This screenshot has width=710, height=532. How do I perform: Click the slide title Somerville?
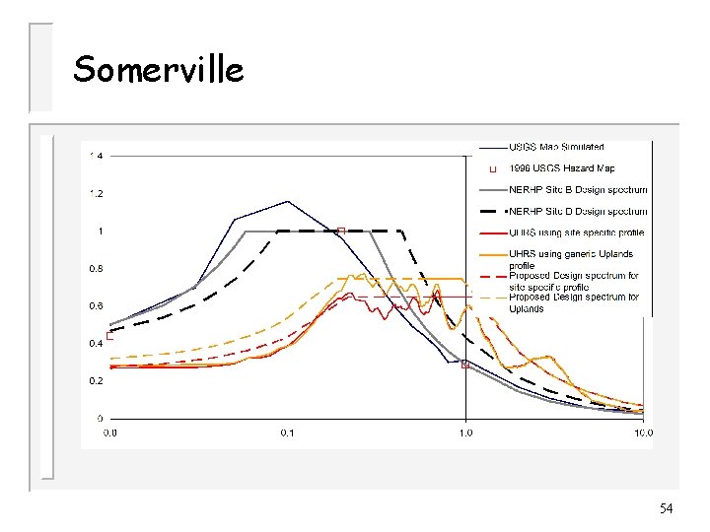click(158, 69)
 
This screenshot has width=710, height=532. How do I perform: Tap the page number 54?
click(666, 508)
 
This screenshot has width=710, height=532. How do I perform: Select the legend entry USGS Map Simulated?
click(557, 148)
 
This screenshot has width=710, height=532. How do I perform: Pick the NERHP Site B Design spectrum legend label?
click(578, 189)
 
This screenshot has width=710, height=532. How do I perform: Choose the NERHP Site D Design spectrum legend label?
click(578, 211)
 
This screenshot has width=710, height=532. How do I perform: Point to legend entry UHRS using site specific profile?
click(576, 233)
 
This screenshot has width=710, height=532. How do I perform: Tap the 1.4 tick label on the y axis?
click(96, 156)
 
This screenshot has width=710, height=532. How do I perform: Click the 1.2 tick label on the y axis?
click(96, 193)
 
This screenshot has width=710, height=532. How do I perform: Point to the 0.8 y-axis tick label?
click(96, 268)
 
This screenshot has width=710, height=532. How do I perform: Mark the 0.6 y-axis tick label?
click(96, 305)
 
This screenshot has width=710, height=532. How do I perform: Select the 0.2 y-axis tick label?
click(96, 380)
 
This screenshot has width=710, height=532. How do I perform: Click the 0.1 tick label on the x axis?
click(287, 432)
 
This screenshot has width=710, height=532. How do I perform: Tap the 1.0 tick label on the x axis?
click(465, 432)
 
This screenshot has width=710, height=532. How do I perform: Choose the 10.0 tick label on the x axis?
click(642, 432)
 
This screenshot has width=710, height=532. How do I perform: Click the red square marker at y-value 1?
click(340, 232)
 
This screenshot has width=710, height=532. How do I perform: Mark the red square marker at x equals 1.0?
click(464, 364)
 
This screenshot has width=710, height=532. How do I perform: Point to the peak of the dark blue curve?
click(287, 202)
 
